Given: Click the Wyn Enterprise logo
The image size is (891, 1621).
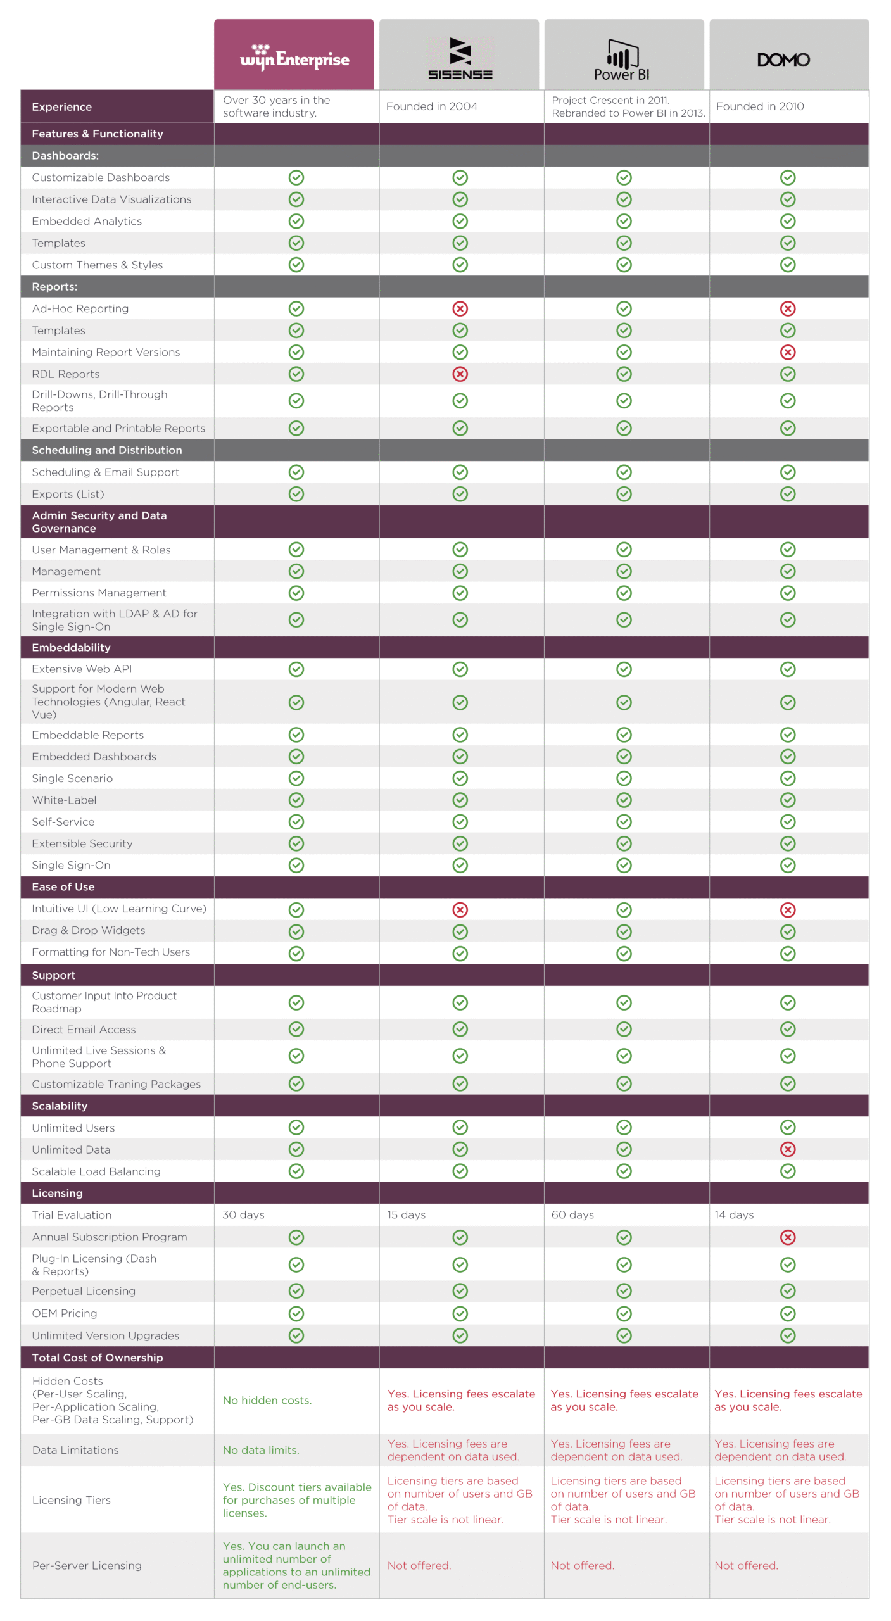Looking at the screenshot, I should pos(294,58).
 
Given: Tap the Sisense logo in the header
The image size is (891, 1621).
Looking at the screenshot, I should pos(460,59).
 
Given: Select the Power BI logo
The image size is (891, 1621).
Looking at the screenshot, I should pos(623,61).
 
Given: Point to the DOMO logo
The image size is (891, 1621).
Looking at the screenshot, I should pos(783,60).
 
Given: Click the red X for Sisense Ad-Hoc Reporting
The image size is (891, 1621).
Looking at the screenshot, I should pos(460,309).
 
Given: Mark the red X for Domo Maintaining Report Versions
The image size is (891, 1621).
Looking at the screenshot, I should pos(787,352).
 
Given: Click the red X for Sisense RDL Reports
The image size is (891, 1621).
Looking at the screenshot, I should pos(460,374).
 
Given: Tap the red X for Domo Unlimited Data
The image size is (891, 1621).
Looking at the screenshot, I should pos(787,1149).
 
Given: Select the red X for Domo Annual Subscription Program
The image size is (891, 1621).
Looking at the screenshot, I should pos(787,1237).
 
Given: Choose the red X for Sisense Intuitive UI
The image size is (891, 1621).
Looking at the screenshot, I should pos(460,910).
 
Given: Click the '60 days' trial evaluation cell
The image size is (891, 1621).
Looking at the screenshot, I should pos(572,1215).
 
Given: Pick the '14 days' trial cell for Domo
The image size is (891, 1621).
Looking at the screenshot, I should pos(734,1215).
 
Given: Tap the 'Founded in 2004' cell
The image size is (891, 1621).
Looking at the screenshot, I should pos(432,106).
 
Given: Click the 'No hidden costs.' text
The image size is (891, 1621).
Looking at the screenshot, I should pos(267,1401).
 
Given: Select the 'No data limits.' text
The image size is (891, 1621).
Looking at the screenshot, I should pos(261,1450).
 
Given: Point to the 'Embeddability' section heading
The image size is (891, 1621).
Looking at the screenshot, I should pos(71,648).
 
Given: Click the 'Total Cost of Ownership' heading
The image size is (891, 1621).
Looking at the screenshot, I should pos(98,1358).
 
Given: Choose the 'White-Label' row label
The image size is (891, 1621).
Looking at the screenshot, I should pos(64,800).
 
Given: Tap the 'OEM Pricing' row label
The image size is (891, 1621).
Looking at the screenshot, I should pos(64,1313).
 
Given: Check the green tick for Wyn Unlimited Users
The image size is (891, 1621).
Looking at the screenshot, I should pos(296,1128).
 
